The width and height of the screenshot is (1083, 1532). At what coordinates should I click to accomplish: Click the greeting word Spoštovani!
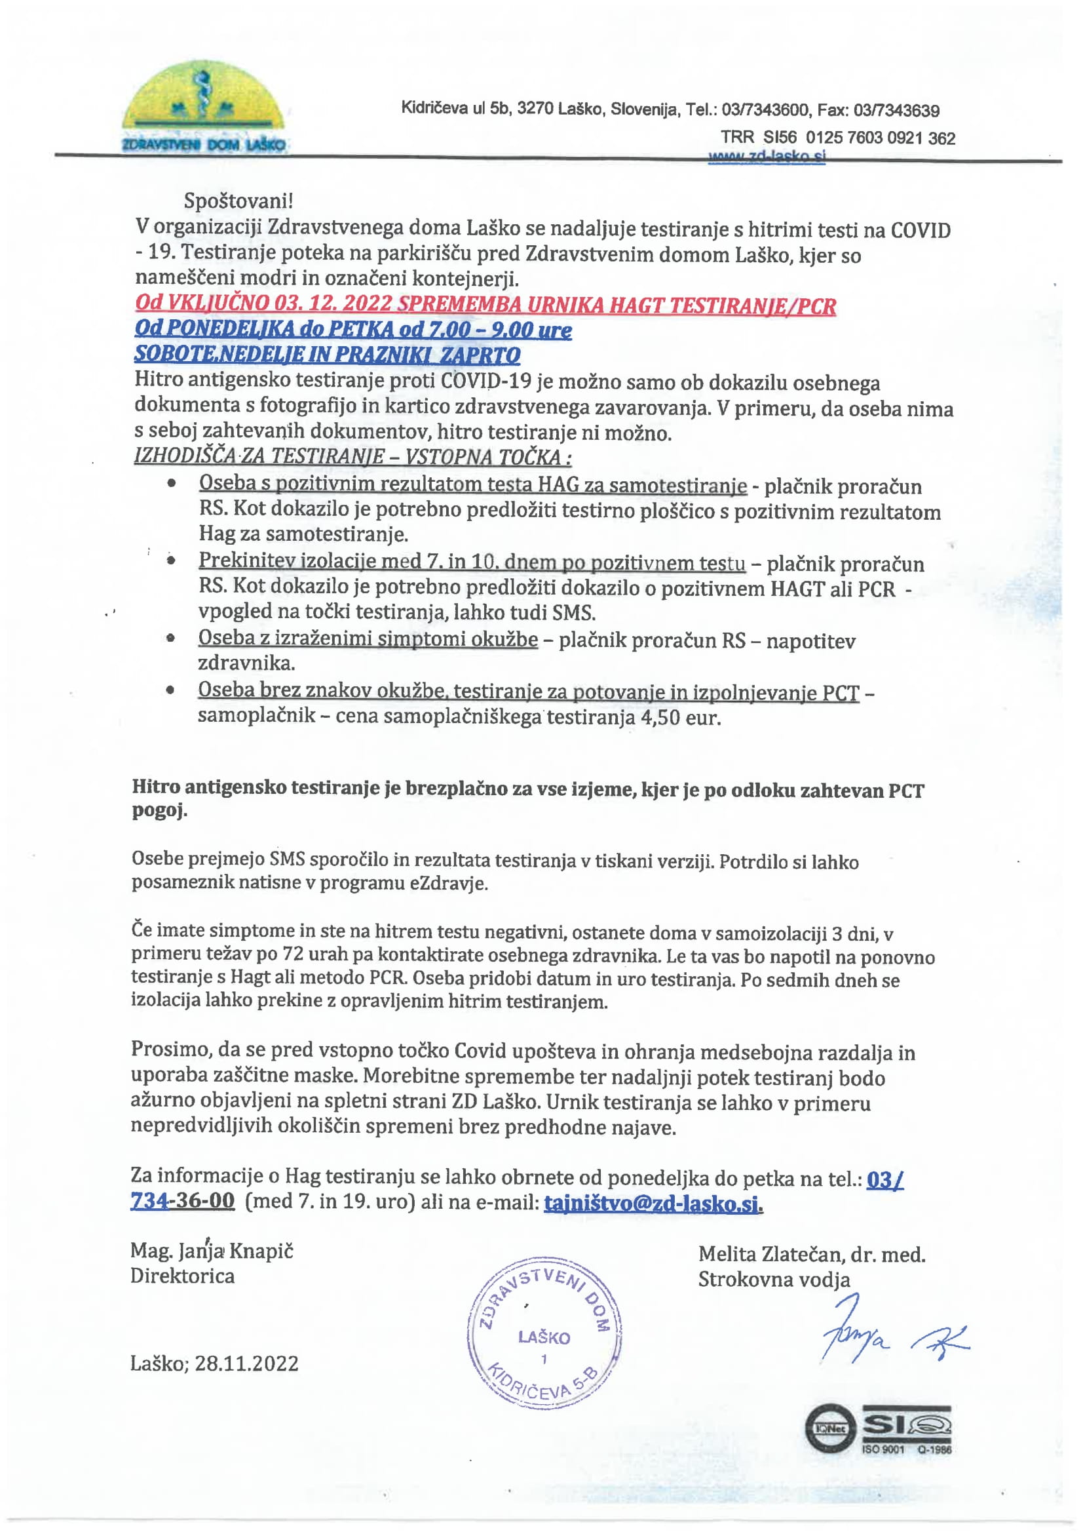tap(238, 200)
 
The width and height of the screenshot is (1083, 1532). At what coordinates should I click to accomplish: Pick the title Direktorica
tap(182, 1276)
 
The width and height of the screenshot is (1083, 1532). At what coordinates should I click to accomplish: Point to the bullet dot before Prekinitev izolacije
tap(172, 561)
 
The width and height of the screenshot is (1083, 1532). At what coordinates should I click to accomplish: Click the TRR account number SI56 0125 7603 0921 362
tap(859, 138)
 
